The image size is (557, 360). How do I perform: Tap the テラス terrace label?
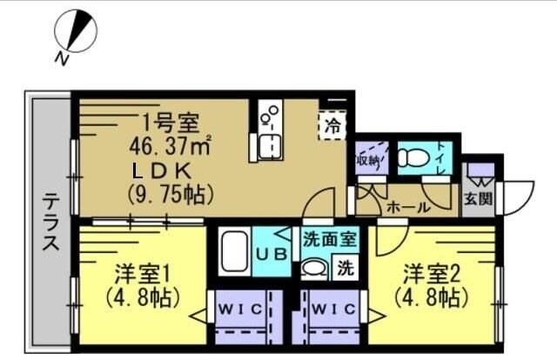coord(51,222)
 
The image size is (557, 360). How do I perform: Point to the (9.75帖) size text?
coord(171,192)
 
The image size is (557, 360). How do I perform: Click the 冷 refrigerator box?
coord(332,125)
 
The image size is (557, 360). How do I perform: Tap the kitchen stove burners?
coord(270,115)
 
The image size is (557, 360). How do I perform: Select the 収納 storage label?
coord(368,160)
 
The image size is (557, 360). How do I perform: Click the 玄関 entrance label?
coord(478,198)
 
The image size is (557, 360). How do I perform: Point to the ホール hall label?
coord(407,207)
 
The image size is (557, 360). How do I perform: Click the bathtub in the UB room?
coord(234,252)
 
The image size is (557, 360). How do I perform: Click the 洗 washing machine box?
coord(345,268)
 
